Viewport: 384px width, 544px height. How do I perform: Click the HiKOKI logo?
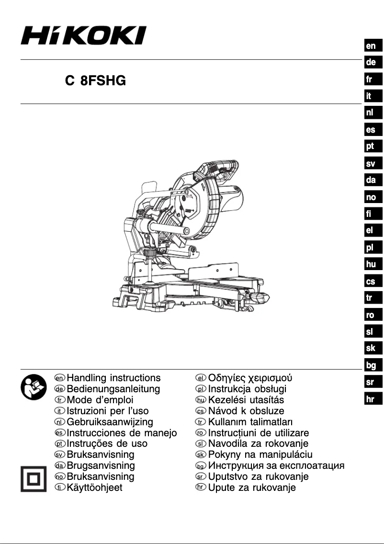[83, 35]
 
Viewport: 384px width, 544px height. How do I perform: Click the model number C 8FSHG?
[95, 81]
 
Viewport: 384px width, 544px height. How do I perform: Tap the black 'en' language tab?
[371, 46]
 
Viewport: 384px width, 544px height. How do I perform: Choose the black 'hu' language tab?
[371, 264]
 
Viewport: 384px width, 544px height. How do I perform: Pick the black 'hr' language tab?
[371, 399]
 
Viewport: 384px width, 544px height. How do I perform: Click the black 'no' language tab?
[371, 197]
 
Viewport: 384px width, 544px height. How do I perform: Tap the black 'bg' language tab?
[371, 365]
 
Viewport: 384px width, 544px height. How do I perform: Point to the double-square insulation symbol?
[32, 478]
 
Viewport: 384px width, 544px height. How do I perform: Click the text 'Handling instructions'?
[113, 378]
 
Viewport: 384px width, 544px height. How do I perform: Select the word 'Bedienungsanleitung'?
[113, 389]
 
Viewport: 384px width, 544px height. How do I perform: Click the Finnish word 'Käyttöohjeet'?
[94, 488]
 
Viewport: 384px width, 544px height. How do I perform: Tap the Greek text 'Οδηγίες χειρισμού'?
[249, 378]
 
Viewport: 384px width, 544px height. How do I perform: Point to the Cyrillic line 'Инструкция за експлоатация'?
[276, 465]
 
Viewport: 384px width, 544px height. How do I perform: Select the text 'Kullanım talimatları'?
[251, 422]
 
